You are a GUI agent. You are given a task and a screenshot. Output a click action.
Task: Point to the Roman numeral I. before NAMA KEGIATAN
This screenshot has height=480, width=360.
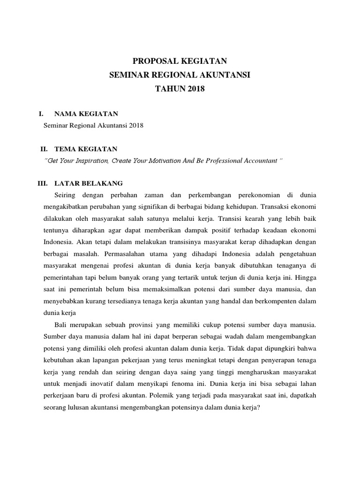41,113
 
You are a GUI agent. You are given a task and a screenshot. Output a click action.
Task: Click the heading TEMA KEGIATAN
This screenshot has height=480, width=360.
86,149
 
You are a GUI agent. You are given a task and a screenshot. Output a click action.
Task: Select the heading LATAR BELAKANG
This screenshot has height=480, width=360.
89,183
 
